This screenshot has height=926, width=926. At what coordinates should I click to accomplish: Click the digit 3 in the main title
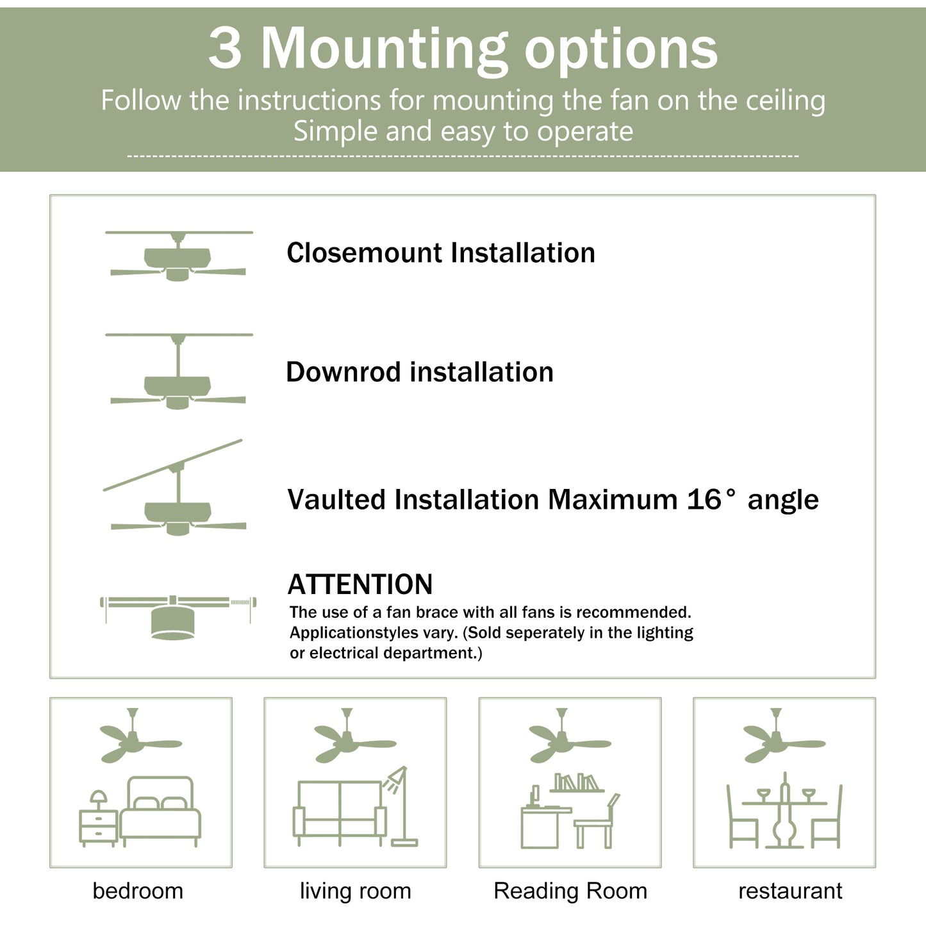tap(226, 49)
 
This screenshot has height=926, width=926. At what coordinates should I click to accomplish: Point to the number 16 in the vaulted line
tap(704, 500)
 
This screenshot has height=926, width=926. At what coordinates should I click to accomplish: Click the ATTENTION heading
tap(360, 584)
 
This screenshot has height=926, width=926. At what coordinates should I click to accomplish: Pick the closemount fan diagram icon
tap(178, 256)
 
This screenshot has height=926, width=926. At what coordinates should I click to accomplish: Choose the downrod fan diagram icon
tap(178, 372)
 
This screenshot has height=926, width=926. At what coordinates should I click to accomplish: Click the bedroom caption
tap(138, 891)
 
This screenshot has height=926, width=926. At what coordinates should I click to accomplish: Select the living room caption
tap(355, 891)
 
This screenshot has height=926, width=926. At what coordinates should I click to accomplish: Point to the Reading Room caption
tap(570, 891)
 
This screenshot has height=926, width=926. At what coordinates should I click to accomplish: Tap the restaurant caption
tap(790, 891)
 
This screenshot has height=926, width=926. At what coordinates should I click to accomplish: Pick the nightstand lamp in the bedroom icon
tap(98, 798)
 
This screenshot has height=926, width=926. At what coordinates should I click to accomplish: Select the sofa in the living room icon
tap(340, 811)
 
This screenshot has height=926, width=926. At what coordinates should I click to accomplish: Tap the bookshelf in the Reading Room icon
tap(577, 784)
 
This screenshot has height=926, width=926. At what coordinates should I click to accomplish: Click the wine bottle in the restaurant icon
tap(784, 811)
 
